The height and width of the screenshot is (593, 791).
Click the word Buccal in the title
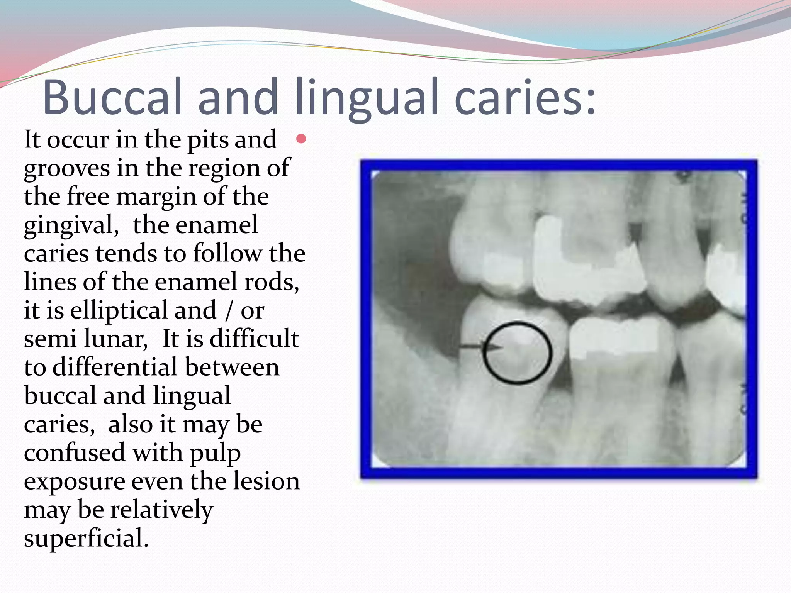[x=112, y=97]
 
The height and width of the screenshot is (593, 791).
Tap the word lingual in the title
[x=367, y=100]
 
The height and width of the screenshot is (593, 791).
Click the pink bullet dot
[x=301, y=139]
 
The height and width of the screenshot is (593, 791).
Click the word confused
[x=75, y=452]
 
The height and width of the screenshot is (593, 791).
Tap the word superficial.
[x=86, y=539]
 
